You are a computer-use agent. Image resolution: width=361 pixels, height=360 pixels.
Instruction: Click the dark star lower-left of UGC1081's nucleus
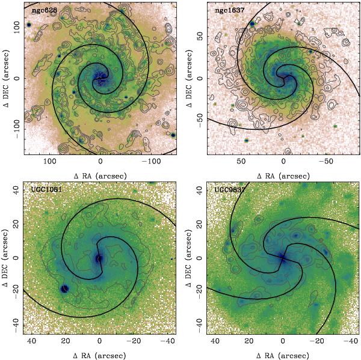tap(66, 288)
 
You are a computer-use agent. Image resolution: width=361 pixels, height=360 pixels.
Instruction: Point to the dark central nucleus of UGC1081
tap(99, 258)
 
